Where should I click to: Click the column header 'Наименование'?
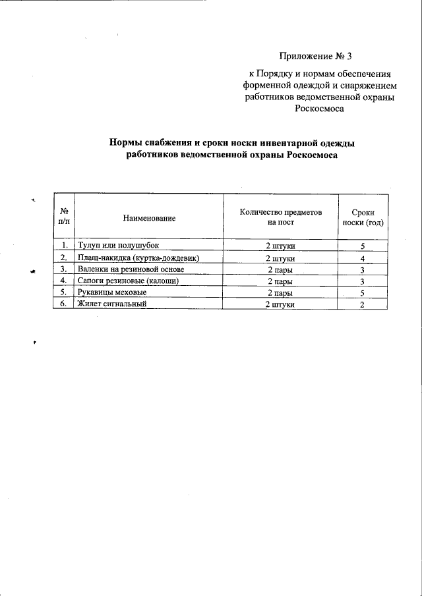point(149,217)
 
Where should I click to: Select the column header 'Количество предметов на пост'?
point(280,218)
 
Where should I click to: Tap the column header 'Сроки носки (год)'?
point(363,218)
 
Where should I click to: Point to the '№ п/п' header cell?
point(64,217)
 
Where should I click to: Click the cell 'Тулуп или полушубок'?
point(118,246)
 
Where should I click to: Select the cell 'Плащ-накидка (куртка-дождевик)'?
point(138,257)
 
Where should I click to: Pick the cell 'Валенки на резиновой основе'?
point(135,269)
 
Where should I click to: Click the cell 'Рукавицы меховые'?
point(111,292)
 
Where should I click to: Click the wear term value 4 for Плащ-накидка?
point(363,258)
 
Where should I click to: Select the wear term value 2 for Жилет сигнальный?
point(363,305)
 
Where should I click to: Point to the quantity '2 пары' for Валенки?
point(280,269)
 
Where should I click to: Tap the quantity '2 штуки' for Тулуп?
point(280,246)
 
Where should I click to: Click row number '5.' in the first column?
point(64,292)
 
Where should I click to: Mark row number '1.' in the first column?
point(64,246)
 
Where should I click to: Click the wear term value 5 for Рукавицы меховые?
point(363,293)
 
